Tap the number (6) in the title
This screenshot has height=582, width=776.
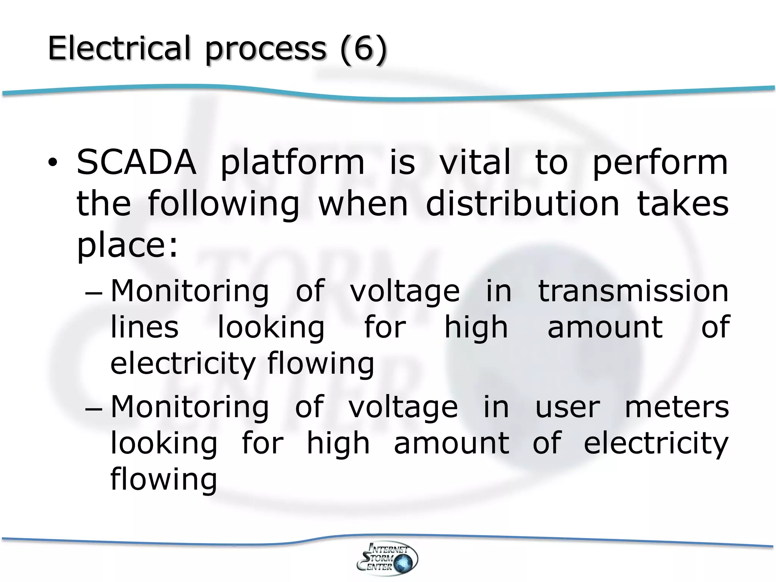tap(363, 49)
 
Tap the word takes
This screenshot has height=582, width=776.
tap(683, 203)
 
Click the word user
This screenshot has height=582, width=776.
tap(568, 407)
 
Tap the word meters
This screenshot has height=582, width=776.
tap(677, 407)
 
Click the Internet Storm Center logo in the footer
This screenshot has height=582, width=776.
tap(387, 558)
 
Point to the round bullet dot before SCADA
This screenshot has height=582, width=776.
tap(52, 163)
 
